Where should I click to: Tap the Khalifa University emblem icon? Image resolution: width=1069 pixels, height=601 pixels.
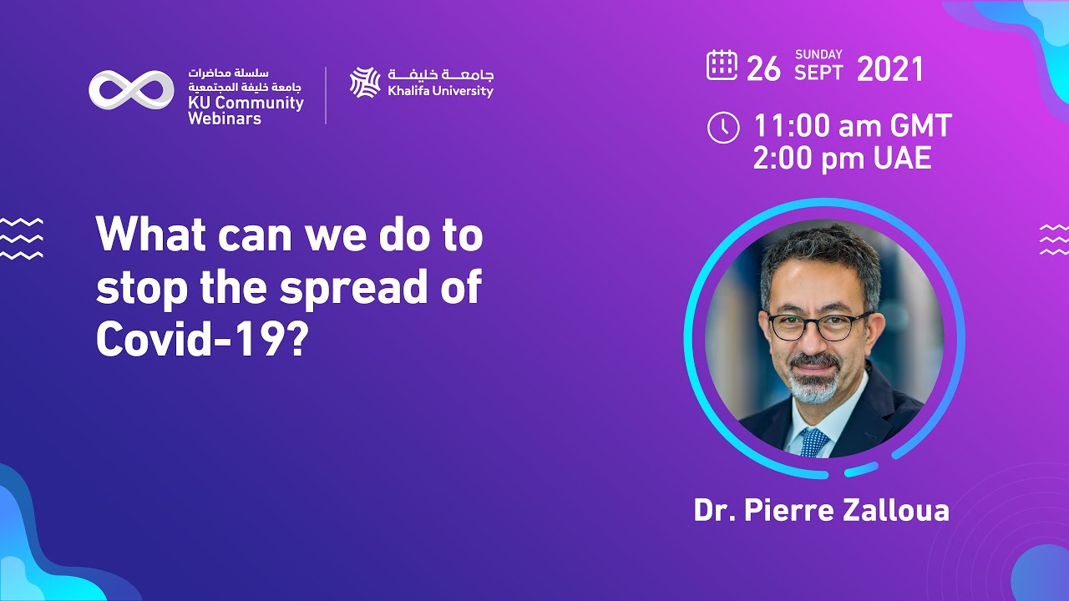pos(365,83)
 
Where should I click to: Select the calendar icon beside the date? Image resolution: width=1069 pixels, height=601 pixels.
pos(722,65)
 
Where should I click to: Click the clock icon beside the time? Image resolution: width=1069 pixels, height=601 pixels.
pos(723,128)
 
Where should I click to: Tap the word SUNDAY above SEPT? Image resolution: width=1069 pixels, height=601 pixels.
pos(818,55)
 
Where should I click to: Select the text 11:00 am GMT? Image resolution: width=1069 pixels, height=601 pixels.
pos(853,127)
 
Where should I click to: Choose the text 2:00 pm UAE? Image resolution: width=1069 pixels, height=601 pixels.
pos(842,158)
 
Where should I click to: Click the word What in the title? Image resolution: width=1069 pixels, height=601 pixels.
pos(150,236)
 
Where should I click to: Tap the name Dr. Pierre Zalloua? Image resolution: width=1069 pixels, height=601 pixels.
pos(821,510)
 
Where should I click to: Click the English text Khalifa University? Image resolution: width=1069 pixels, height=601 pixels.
pos(440,91)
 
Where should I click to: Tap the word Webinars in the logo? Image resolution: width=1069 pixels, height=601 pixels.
pos(224,119)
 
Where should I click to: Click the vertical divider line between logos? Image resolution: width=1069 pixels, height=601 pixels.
pos(326,95)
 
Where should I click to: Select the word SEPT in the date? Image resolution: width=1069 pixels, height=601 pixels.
pos(819,73)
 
